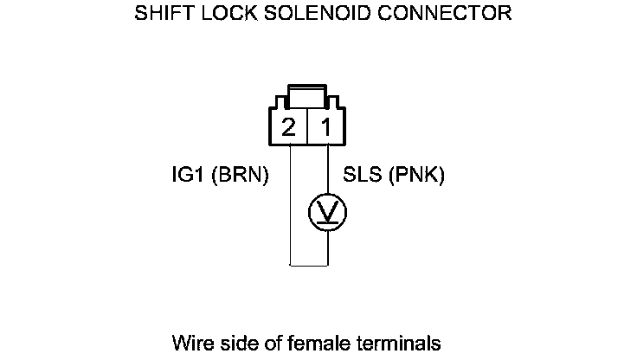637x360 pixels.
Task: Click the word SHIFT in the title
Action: pyautogui.click(x=158, y=14)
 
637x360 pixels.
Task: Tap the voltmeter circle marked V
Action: pyautogui.click(x=328, y=211)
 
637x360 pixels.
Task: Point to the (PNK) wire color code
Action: pyautogui.click(x=417, y=176)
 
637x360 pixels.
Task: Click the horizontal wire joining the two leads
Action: pyautogui.click(x=308, y=263)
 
